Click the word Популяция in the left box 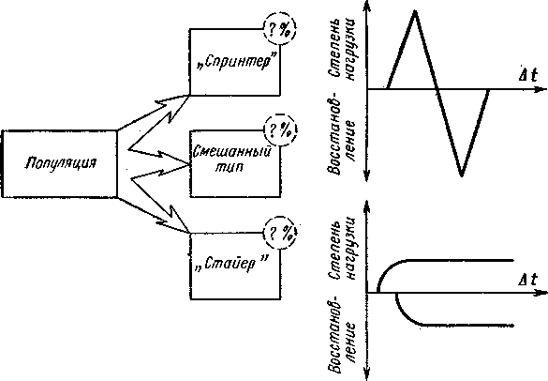click(x=60, y=163)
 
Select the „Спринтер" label click(x=234, y=62)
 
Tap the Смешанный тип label click(x=232, y=159)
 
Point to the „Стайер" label click(x=232, y=264)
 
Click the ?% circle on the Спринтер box click(x=279, y=29)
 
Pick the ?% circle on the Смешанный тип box click(x=280, y=130)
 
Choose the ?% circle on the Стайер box click(x=280, y=233)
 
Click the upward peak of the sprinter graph click(x=414, y=11)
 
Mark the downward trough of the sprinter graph click(x=461, y=175)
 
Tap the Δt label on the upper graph click(x=527, y=74)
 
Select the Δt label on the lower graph click(x=527, y=280)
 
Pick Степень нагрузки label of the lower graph click(x=342, y=250)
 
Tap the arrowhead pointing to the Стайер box click(x=173, y=221)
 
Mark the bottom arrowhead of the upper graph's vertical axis click(x=366, y=176)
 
